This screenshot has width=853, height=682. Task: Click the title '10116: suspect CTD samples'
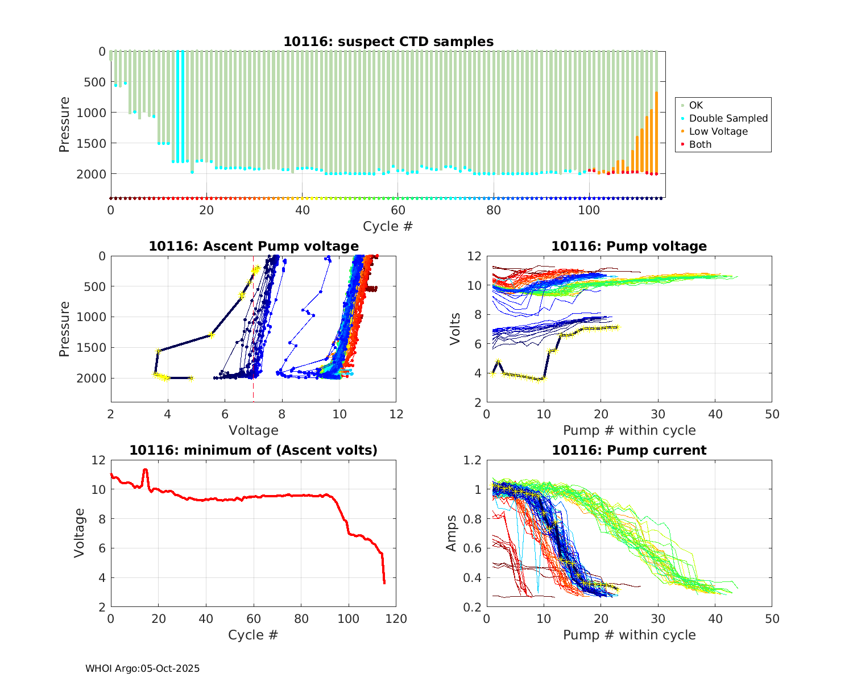[x=388, y=41]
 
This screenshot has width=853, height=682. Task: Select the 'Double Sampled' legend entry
[x=728, y=118]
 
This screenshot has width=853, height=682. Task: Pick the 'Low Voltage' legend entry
[x=718, y=131]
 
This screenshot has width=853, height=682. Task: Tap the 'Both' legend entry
[x=700, y=144]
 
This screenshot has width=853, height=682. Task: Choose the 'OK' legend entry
[x=695, y=105]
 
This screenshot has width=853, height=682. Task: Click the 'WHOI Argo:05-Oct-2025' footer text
[x=142, y=668]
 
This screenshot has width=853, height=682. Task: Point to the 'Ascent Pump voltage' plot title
[x=254, y=246]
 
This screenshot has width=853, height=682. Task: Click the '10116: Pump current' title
[x=629, y=450]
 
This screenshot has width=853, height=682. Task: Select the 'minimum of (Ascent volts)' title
[x=254, y=450]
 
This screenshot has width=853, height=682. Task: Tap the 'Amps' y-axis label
[x=452, y=533]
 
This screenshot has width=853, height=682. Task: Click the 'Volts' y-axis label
[x=455, y=328]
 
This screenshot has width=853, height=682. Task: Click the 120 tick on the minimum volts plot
[x=396, y=619]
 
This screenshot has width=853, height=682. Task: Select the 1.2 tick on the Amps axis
[x=473, y=460]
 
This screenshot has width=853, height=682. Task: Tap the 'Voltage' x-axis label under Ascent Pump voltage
[x=254, y=430]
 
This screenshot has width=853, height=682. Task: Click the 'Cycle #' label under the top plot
[x=388, y=226]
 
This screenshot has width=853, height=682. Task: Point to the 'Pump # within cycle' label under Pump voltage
[x=629, y=430]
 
